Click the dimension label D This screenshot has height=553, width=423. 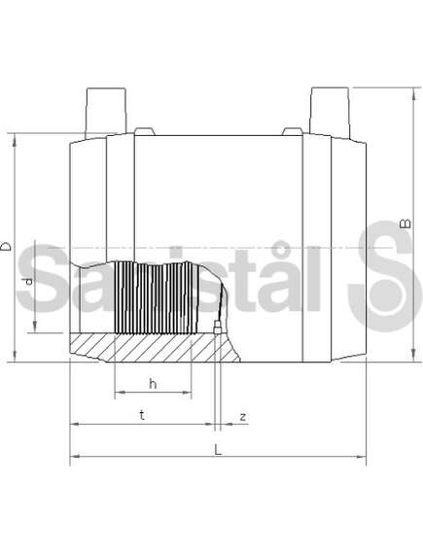(6, 246)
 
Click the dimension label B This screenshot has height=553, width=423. (405, 224)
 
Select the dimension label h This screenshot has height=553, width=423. (153, 383)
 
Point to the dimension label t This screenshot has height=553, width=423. (142, 415)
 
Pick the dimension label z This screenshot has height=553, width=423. (243, 417)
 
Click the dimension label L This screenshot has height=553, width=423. (219, 449)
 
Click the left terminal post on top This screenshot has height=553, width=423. (106, 112)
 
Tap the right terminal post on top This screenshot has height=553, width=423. (330, 112)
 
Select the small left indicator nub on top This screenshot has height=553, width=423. (145, 131)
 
